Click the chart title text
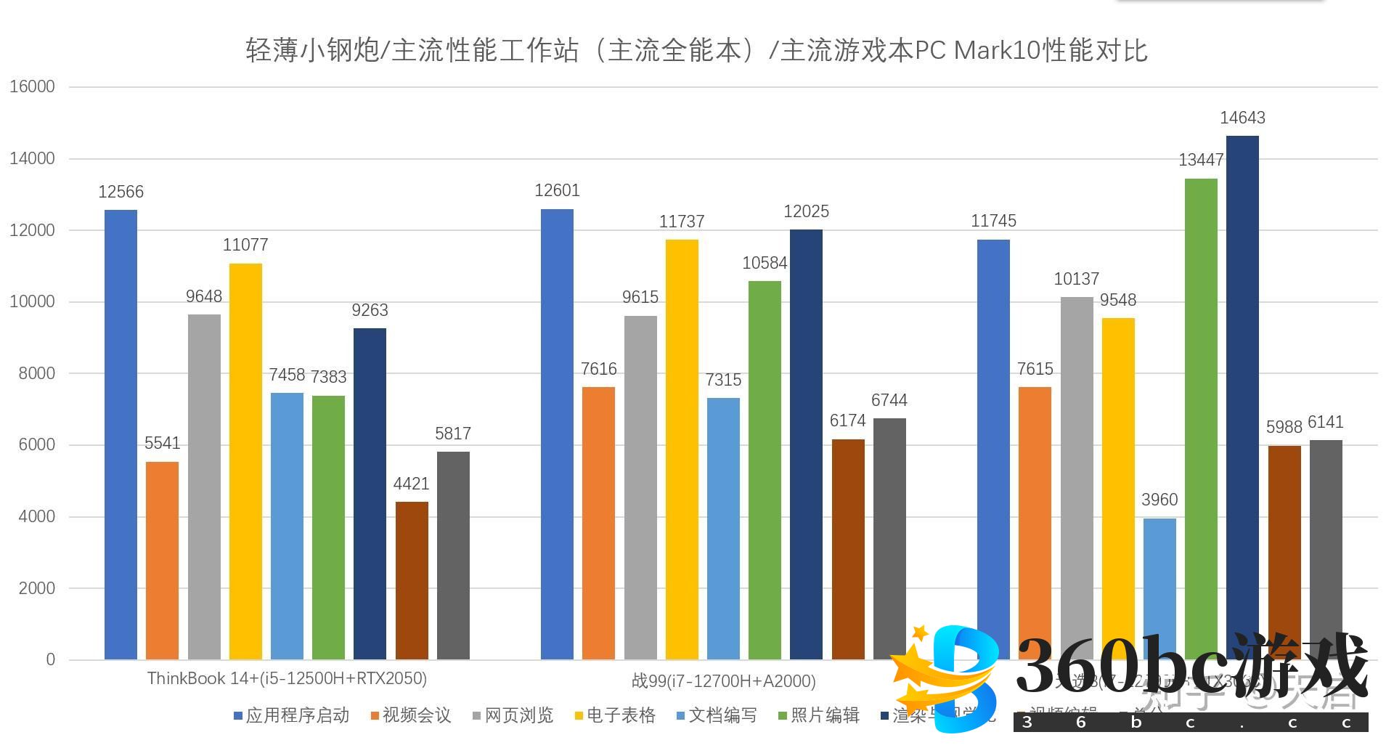click(x=696, y=50)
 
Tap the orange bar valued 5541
click(x=162, y=560)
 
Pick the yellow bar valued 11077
click(x=245, y=461)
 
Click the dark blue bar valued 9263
click(x=370, y=494)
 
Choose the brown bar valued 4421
click(x=412, y=580)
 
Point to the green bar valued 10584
click(x=765, y=470)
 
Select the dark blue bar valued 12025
click(x=806, y=444)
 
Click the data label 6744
click(x=889, y=400)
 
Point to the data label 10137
click(x=1076, y=279)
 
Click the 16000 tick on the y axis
click(x=32, y=86)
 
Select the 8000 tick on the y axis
click(x=36, y=373)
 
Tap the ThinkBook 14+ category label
click(x=287, y=678)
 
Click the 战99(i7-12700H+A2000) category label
click(x=723, y=681)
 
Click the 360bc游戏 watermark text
click(x=1191, y=667)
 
